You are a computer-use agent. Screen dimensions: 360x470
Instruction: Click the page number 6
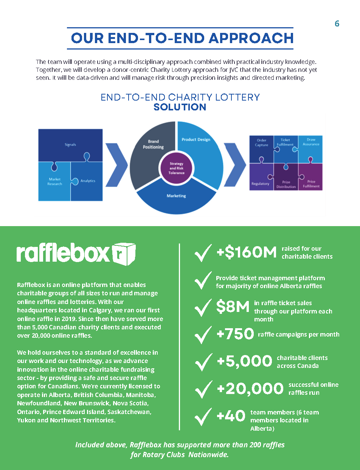337,23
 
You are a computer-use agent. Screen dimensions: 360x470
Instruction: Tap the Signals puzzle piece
70,145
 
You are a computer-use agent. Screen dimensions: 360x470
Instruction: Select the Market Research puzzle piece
54,181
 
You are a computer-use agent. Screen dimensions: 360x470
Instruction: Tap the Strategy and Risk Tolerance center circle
177,168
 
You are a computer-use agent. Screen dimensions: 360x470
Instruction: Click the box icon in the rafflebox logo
124,254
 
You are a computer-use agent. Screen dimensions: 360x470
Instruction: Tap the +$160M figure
247,252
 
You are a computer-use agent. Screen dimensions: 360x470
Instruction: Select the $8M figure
233,307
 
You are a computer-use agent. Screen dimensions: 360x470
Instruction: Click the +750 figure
235,334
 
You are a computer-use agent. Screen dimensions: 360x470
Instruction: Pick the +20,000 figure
250,389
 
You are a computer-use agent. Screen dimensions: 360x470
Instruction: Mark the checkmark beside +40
203,417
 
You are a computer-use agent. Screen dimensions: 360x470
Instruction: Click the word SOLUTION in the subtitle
180,107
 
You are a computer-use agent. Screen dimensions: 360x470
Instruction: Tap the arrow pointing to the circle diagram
117,165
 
